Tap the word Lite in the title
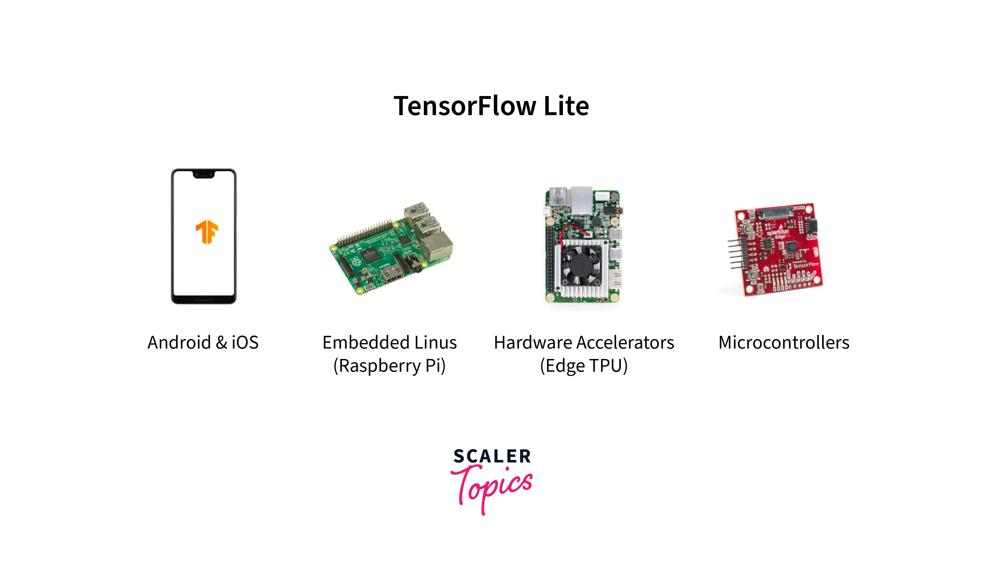(566, 106)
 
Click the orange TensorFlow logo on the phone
(207, 232)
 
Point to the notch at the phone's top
(204, 174)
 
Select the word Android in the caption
(179, 342)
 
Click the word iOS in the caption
(245, 342)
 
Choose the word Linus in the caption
(435, 342)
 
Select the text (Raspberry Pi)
(389, 366)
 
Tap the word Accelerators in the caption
(625, 342)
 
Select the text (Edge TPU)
(584, 366)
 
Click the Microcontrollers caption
(784, 342)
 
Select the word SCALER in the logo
(492, 456)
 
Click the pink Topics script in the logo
(491, 488)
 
